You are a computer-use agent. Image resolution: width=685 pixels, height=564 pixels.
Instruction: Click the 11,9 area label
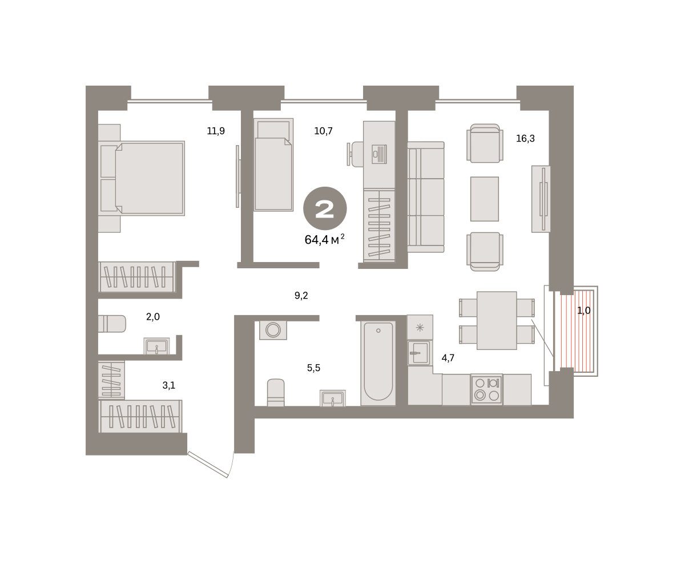pos(216,131)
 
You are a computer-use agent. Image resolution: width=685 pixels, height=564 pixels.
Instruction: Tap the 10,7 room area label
pos(323,131)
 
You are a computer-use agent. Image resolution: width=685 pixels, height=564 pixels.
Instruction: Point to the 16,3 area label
pos(525,138)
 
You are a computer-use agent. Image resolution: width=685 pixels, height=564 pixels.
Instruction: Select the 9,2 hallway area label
pos(301,296)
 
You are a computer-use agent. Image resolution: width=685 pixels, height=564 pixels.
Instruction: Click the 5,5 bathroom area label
pos(313,368)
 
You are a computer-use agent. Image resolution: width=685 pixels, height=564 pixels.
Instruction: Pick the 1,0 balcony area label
pos(583,311)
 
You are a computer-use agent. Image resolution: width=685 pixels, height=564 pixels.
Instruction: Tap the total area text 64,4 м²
pos(324,239)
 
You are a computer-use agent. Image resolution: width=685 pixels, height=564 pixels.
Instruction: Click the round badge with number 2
pos(325,208)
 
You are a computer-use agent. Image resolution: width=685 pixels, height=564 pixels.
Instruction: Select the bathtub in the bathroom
pos(378,363)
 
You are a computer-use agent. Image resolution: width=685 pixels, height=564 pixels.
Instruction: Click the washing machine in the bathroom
pos(273,330)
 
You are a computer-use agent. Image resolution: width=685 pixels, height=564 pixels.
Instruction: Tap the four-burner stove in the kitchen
pos(486,389)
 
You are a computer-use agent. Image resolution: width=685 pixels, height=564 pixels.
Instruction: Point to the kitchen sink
pos(420,353)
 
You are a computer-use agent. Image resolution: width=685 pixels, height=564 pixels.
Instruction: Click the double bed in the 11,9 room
pos(142,178)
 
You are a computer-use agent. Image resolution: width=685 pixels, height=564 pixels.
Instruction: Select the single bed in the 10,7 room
pos(273,165)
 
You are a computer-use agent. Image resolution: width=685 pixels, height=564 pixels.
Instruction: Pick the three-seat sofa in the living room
pos(426,197)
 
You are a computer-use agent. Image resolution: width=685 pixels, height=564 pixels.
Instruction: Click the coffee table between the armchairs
pos(484,199)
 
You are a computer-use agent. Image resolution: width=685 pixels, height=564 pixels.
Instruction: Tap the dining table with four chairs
pos(497,321)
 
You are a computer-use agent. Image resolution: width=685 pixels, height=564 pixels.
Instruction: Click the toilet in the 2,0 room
pos(112,324)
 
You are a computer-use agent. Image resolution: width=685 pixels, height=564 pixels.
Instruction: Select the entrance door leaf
pos(208,464)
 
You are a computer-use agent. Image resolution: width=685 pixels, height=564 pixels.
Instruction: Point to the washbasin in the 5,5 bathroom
pos(333,398)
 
